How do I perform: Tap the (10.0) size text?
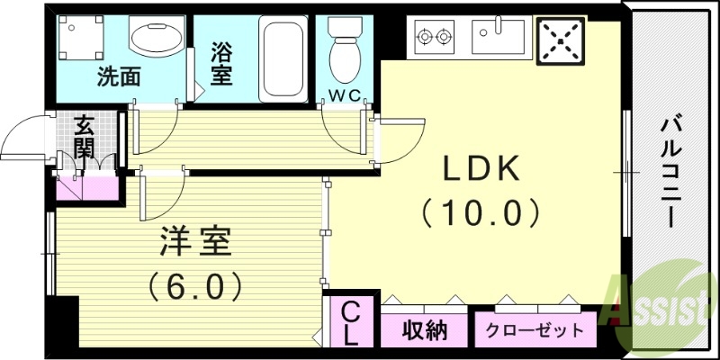click(481, 213)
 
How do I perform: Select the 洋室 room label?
click(196, 242)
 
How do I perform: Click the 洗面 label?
click(119, 76)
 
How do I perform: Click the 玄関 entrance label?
click(85, 137)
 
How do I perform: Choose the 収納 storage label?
click(424, 330)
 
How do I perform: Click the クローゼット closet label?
click(534, 330)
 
